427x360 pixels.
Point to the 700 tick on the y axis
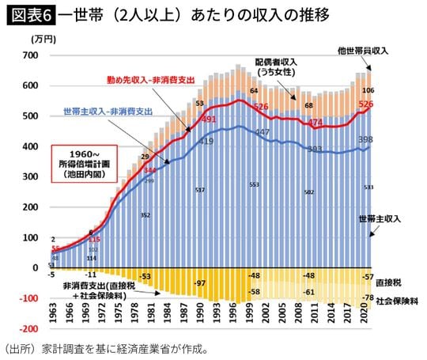31,55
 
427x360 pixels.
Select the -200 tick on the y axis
28,328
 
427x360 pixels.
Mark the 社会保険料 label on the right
397,301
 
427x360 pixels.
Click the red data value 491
210,119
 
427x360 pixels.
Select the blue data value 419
206,141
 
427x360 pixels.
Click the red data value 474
316,123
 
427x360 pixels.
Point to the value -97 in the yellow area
201,283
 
